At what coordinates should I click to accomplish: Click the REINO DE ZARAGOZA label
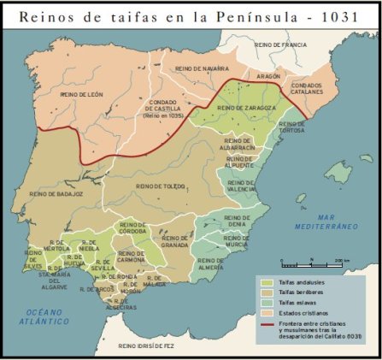245,108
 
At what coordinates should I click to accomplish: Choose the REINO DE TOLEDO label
160,186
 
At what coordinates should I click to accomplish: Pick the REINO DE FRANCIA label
280,44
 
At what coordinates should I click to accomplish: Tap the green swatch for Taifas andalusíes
267,281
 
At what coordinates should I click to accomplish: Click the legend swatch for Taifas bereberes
267,292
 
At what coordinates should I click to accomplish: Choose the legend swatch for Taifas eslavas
267,303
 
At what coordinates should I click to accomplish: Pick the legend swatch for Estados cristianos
267,313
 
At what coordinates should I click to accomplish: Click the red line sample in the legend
267,323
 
